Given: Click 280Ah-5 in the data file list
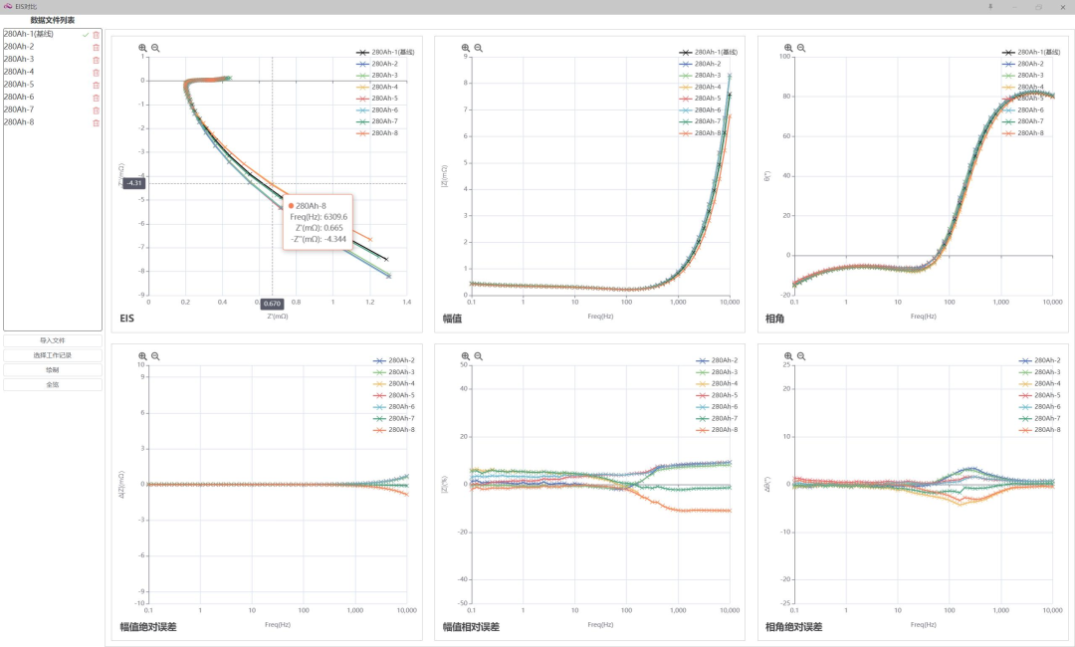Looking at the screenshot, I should click(19, 85).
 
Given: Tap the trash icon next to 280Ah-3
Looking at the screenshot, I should click(97, 60).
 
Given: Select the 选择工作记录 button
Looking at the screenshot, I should click(53, 355).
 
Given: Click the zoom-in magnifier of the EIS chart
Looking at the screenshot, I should click(142, 48).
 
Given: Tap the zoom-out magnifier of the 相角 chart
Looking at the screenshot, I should click(801, 48).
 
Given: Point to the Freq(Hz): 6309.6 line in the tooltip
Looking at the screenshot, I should click(319, 217).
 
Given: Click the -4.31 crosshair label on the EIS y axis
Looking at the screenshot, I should click(134, 183).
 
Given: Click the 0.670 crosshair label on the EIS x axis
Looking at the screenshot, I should click(272, 304).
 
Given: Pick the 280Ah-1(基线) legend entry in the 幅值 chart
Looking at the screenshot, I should click(716, 52).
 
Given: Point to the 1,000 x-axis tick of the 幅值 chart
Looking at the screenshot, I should click(678, 301).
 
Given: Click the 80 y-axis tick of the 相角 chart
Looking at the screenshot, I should click(783, 97).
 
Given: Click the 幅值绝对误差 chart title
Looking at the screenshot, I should click(148, 627).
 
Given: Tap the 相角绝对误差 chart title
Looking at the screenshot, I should click(793, 627).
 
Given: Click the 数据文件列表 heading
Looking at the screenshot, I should click(53, 20).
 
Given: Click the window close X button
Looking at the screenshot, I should click(1061, 7).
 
